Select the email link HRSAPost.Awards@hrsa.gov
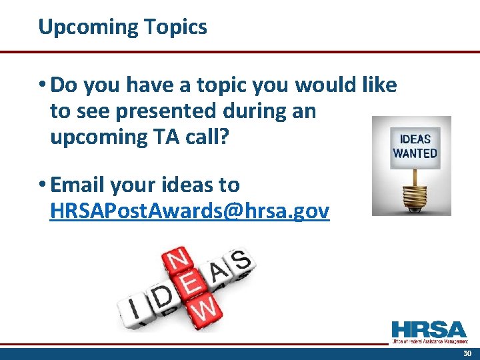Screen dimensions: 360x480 [189, 211]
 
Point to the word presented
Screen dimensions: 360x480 [179, 111]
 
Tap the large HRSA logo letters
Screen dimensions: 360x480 [429, 329]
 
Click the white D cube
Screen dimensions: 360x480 [161, 299]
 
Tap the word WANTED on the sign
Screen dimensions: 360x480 [415, 153]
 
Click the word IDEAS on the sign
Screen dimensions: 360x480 [415, 139]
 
